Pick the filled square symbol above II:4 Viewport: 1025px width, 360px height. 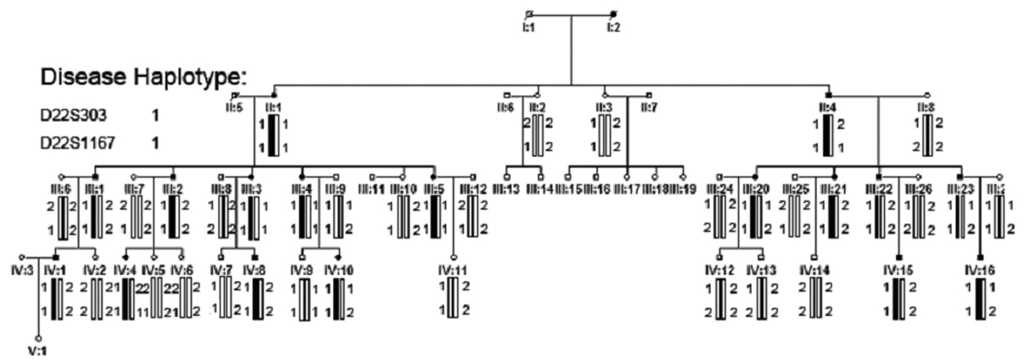click(x=829, y=93)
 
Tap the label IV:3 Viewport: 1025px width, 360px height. click(x=20, y=270)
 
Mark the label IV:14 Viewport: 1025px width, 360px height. click(x=814, y=270)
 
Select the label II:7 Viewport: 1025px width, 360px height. click(x=650, y=108)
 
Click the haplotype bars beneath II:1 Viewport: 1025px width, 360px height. click(x=273, y=137)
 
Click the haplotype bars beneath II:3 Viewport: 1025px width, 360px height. click(x=605, y=137)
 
